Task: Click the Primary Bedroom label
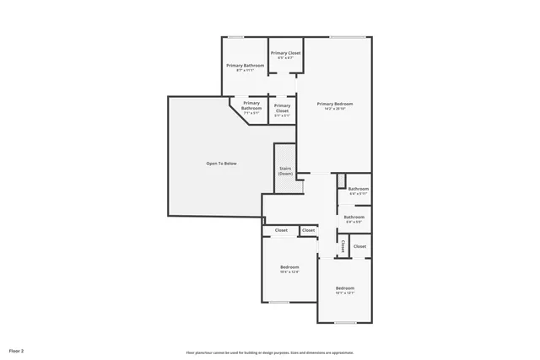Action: [x=337, y=104]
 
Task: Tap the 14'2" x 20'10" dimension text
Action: [x=337, y=109]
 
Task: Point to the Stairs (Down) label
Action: [x=285, y=171]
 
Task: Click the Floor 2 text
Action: [x=17, y=350]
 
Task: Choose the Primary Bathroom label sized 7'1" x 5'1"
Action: [x=251, y=105]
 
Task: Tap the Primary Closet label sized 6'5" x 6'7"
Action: [x=286, y=53]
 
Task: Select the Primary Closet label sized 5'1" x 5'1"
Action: [x=282, y=108]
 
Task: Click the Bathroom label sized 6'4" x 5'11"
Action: [x=359, y=189]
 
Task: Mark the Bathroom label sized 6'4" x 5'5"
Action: [x=354, y=217]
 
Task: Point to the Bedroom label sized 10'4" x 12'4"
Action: [x=289, y=267]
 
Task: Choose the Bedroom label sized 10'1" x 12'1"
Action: [x=344, y=288]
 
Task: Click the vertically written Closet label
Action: [x=343, y=246]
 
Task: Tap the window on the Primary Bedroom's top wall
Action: [x=347, y=37]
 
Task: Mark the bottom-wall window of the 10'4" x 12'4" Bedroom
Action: [x=279, y=302]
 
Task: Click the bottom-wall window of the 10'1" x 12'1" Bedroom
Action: [x=344, y=322]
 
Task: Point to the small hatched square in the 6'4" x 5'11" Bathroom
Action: [x=341, y=180]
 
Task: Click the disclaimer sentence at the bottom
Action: [x=270, y=352]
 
